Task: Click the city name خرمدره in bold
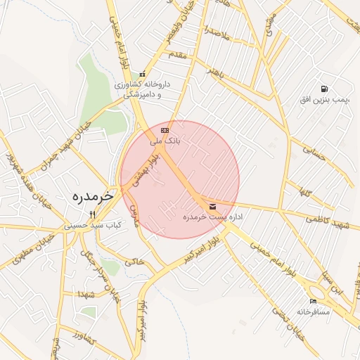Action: [88, 197]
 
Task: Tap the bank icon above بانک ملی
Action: [165, 130]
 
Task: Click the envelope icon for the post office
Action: [212, 206]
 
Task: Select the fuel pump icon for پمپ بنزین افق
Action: [323, 89]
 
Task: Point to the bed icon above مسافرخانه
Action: [313, 301]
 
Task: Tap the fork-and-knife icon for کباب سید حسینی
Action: [91, 214]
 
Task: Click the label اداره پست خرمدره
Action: [212, 217]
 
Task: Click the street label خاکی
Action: [134, 261]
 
